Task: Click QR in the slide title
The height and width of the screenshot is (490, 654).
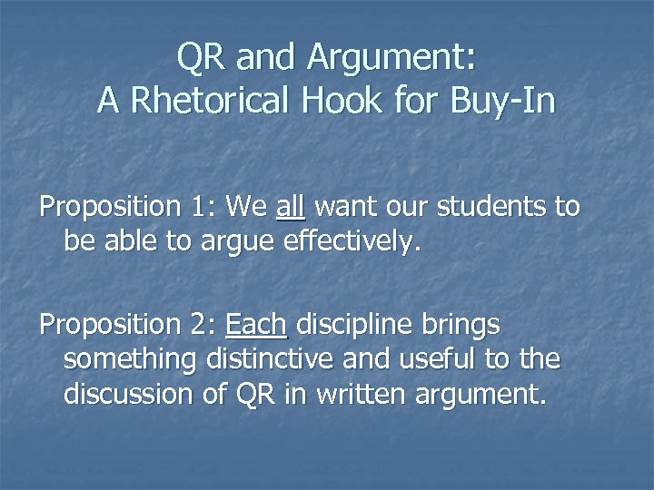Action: [203, 57]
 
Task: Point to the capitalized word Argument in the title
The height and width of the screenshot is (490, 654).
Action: [391, 59]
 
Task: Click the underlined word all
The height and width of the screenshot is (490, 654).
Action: [291, 207]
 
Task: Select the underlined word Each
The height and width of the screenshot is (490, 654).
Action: [256, 324]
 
